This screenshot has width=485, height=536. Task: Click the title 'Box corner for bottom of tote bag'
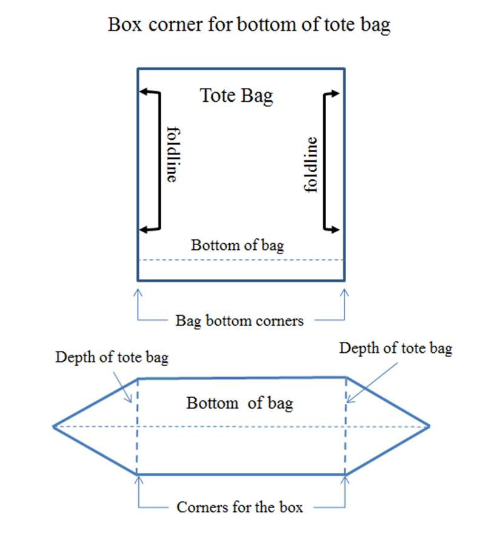click(x=249, y=25)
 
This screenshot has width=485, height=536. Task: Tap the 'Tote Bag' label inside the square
click(x=236, y=96)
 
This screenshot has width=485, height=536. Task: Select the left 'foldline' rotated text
click(x=173, y=154)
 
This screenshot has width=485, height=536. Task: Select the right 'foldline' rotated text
click(x=310, y=165)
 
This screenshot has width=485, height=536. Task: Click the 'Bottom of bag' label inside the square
click(x=237, y=246)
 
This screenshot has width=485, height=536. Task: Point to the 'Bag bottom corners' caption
click(x=239, y=321)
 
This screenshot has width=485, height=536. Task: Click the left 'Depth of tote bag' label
click(x=112, y=358)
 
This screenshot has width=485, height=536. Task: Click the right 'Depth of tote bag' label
click(x=395, y=349)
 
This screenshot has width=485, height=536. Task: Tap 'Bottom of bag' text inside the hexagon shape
click(x=239, y=403)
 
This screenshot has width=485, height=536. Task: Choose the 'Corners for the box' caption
click(x=239, y=507)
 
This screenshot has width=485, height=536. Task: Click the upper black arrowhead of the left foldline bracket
click(x=144, y=92)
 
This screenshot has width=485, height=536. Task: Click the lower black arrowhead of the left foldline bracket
click(x=144, y=229)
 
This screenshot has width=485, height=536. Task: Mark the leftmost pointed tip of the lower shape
click(x=53, y=426)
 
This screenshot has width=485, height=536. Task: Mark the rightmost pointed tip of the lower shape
click(x=429, y=426)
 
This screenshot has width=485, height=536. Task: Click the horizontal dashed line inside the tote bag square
click(x=241, y=260)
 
